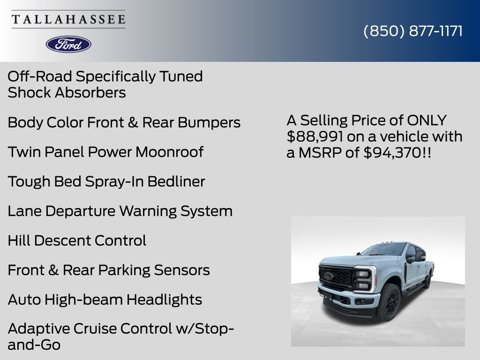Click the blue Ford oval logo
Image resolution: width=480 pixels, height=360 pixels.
point(68,44)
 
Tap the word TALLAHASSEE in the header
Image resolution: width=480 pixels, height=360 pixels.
point(68,19)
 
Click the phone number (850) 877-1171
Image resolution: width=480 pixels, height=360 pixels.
point(413,31)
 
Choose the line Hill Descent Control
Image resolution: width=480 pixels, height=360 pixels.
point(77,240)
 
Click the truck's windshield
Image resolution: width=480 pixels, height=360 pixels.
point(383,249)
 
